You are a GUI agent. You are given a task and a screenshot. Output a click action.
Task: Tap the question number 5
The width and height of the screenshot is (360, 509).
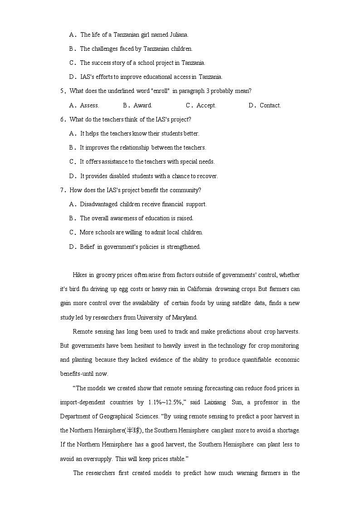(63, 91)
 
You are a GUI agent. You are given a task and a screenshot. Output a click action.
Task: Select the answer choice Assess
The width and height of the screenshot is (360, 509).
(89, 106)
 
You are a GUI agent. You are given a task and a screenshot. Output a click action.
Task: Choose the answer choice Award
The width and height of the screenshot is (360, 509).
(143, 106)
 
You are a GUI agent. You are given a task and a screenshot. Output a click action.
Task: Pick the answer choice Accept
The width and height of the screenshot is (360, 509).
(206, 106)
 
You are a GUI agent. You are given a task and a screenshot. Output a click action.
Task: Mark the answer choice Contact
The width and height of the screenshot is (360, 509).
(270, 106)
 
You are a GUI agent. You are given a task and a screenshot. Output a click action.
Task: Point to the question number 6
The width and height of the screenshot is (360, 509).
(63, 120)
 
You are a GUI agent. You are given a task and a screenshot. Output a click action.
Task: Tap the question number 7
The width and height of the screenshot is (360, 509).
(63, 190)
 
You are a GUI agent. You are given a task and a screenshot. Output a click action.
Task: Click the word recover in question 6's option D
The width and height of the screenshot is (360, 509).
(207, 176)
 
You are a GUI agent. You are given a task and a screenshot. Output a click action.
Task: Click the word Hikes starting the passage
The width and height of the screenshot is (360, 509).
(80, 275)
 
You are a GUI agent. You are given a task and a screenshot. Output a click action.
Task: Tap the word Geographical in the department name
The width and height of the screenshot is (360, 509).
(115, 417)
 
